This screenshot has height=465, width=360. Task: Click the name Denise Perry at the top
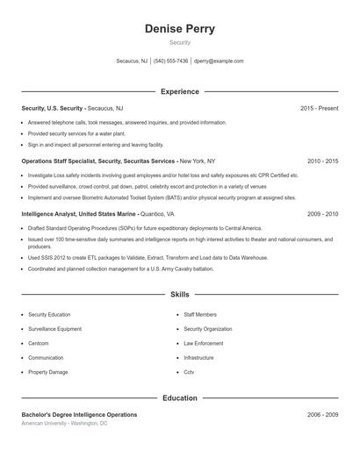(x=179, y=28)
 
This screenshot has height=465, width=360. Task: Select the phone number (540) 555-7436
(x=170, y=61)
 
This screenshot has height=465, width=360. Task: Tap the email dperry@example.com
(x=219, y=61)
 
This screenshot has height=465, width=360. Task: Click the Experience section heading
(x=179, y=91)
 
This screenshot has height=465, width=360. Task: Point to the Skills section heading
(x=179, y=294)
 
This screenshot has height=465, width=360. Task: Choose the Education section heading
(x=179, y=398)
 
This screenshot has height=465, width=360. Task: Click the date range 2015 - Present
(x=319, y=108)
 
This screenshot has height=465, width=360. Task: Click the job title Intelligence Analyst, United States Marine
(x=78, y=213)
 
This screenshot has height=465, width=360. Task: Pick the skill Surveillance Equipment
(x=54, y=329)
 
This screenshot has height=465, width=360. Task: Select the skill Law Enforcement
(x=203, y=343)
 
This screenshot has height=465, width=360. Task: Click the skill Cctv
(x=189, y=372)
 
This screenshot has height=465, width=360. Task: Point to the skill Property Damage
(x=47, y=372)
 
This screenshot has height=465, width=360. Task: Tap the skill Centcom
(x=39, y=343)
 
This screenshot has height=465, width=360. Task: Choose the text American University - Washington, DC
(x=64, y=423)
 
